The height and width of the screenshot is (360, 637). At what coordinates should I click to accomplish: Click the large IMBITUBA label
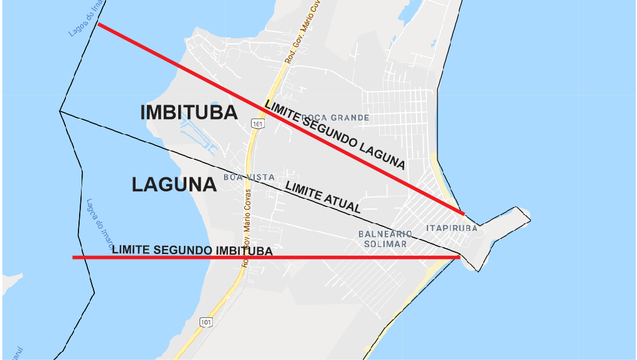coord(189,113)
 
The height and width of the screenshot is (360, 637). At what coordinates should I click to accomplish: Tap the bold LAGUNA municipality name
coord(174,184)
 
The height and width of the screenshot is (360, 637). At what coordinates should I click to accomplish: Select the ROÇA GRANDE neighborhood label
coord(335,117)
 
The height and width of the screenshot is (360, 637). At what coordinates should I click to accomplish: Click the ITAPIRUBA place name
coord(451,228)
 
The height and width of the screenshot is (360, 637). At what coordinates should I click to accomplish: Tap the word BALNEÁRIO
coord(385,234)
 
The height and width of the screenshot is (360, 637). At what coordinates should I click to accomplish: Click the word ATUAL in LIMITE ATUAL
coord(342,203)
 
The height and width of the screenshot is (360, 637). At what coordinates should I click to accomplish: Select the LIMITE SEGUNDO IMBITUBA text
coord(192,250)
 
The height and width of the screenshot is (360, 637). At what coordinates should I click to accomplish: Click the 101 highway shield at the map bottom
coord(206,322)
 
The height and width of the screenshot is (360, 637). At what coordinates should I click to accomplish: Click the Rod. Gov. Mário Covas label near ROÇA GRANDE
coord(298,39)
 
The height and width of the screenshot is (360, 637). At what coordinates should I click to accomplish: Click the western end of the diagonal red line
coord(100,25)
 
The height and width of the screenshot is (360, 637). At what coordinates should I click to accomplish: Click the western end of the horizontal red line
coord(74,257)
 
